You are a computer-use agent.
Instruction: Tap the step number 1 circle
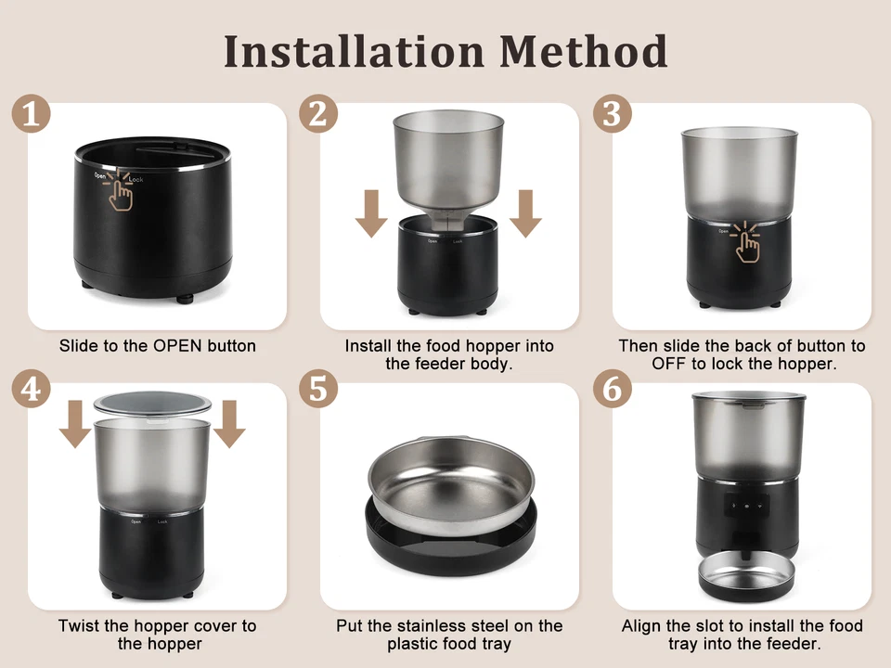coord(32,116)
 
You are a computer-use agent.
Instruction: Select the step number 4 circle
coord(32,390)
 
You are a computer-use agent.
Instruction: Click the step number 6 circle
coord(612,390)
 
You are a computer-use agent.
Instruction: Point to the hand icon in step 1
coord(118,191)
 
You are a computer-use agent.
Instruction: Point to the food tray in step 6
coord(746,576)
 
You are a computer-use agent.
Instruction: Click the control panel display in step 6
coord(747,507)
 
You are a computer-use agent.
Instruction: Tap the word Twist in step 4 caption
coord(78,626)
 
